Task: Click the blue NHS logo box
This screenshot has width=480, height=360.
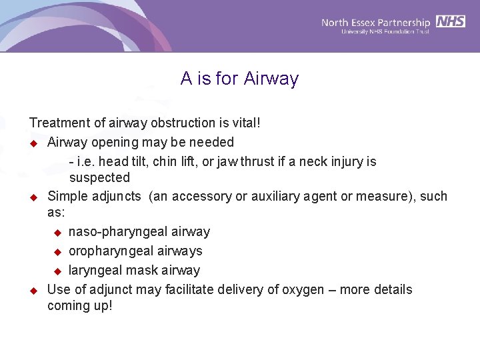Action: (451, 21)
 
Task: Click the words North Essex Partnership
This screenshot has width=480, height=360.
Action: (376, 22)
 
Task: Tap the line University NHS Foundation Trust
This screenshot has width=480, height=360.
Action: (385, 31)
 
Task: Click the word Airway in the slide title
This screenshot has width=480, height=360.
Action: (271, 79)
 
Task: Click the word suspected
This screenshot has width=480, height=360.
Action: (99, 177)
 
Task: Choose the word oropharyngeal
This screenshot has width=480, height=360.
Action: (111, 251)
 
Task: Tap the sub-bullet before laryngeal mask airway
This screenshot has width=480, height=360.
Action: (57, 271)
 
